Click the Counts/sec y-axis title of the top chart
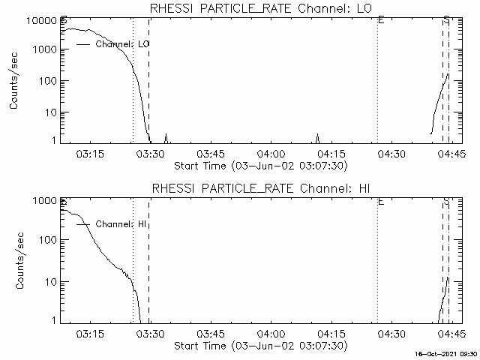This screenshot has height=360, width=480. pos(14,81)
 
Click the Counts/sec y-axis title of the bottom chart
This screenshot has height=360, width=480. pos(14,261)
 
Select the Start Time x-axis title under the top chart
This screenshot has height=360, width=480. pos(259,165)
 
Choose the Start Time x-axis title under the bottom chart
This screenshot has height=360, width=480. pos(259,346)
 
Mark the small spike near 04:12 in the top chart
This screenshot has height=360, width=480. pos(317,137)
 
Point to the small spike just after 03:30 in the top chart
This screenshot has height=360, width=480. pos(166,137)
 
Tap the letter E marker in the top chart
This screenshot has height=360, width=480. pos(381,19)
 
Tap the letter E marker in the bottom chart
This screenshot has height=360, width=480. pos(381,202)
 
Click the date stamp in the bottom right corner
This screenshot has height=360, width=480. pos(447,353)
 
